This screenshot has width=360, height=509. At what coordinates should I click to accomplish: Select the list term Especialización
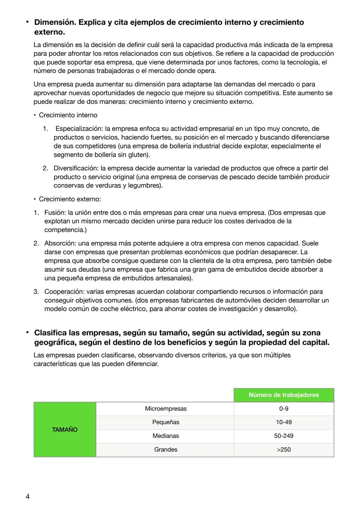[x=79, y=129]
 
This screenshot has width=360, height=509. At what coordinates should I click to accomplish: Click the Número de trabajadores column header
[x=284, y=395]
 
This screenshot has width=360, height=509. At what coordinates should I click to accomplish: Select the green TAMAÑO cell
[x=65, y=430]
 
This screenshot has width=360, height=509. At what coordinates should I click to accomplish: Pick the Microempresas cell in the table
[x=166, y=409]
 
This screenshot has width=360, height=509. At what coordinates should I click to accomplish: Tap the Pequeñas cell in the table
[x=166, y=422]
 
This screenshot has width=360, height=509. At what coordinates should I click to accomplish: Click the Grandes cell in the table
[x=166, y=450]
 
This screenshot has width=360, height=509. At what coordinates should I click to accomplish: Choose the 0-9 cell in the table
[x=284, y=409]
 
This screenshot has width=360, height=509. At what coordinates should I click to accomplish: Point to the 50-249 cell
[x=284, y=436]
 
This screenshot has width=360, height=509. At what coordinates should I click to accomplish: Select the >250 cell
[x=284, y=450]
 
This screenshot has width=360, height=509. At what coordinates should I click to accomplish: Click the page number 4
[x=28, y=497]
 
